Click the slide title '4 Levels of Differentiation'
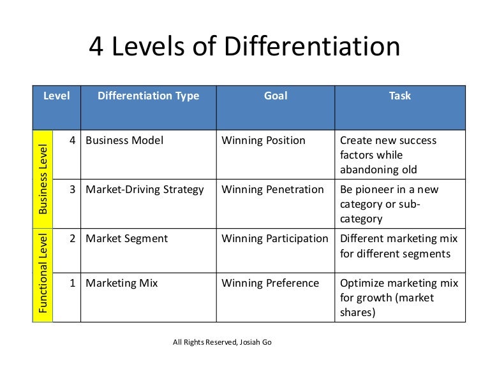point(244,48)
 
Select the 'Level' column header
point(56,96)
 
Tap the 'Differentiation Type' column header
point(148,96)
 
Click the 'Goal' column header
point(276,96)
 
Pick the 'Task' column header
point(400,96)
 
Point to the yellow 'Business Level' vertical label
point(43,179)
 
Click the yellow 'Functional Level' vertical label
point(43,275)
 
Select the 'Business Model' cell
point(124,141)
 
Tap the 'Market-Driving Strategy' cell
point(145,189)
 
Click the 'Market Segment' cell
point(126,239)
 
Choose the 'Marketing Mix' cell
point(122,283)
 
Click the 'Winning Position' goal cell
point(264,141)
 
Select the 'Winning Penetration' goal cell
point(272,189)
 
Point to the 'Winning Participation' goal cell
point(274,239)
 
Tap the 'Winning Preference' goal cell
point(270,283)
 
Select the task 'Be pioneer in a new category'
point(389,204)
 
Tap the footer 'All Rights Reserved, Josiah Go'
point(222,342)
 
